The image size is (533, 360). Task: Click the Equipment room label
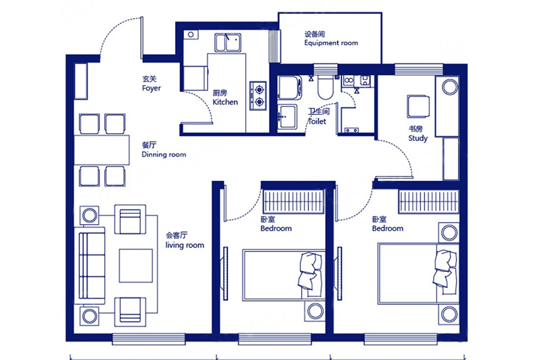point(331,39)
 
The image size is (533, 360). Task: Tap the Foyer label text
point(151,83)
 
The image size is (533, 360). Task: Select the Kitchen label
point(225,98)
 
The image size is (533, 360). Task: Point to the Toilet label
point(318,116)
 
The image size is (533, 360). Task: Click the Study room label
point(418,134)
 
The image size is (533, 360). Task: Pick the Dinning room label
point(164,150)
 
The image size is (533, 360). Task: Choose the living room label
point(185,240)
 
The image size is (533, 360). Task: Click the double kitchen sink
point(227,42)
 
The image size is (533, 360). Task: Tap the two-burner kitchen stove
point(258,95)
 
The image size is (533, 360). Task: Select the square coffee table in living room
point(136,265)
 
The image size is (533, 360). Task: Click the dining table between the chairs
point(102,150)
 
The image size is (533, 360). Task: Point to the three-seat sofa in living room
point(90,266)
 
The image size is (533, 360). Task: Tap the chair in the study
point(419,107)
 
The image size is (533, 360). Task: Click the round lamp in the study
point(450,87)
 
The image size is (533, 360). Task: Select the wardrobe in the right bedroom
point(429,201)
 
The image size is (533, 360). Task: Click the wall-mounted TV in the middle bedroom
point(225,274)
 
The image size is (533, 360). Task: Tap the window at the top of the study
point(419,69)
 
